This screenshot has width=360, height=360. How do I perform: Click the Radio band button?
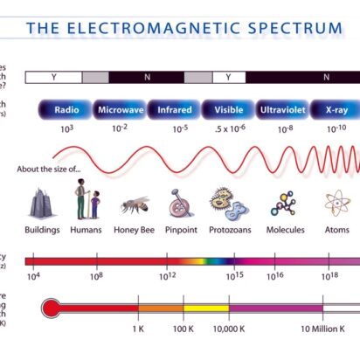pyautogui.click(x=66, y=111)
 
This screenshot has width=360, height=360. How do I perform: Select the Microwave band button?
pyautogui.click(x=121, y=111)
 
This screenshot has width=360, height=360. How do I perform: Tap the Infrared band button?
pyautogui.click(x=175, y=111)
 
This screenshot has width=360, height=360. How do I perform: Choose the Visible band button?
pyautogui.click(x=228, y=111)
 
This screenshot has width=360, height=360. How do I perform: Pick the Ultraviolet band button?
pyautogui.click(x=283, y=111)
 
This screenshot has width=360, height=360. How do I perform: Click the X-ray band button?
pyautogui.click(x=336, y=111)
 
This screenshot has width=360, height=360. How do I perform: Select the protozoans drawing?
pyautogui.click(x=229, y=204)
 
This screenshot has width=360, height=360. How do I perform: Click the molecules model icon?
pyautogui.click(x=284, y=204)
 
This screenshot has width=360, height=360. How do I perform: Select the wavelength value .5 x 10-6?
pyautogui.click(x=229, y=128)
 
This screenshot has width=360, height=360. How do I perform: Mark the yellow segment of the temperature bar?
pyautogui.click(x=205, y=308)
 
